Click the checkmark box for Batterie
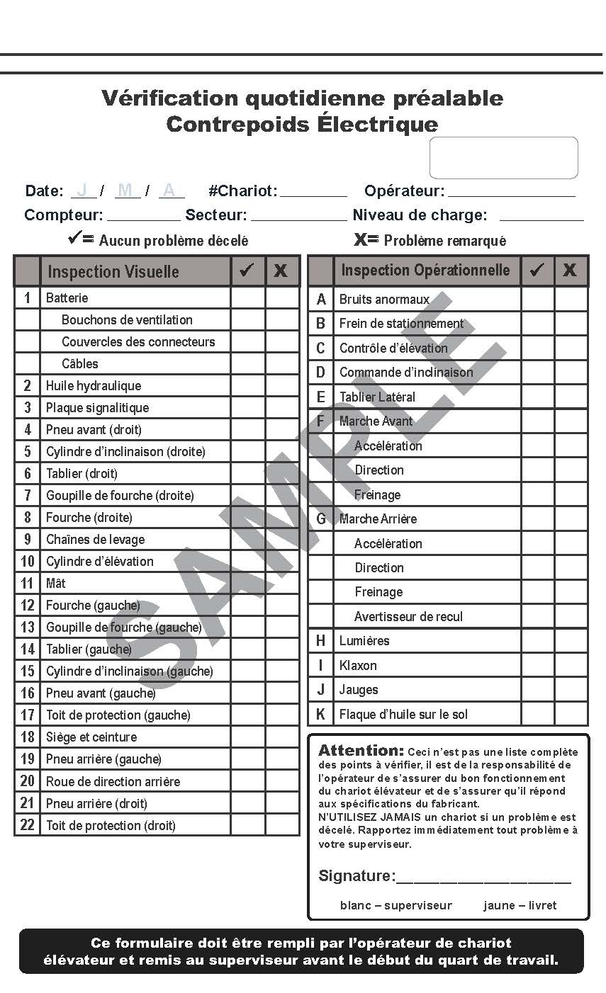tap(247, 297)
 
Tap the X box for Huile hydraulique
tap(282, 385)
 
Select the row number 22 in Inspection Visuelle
tap(27, 825)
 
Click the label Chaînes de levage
tap(95, 539)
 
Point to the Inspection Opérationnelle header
tap(425, 270)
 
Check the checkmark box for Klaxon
tap(537, 665)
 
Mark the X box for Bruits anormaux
tap(571, 299)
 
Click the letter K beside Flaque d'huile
tap(320, 714)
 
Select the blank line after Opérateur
tap(511, 192)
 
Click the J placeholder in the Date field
tap(84, 190)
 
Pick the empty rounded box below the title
tap(503, 157)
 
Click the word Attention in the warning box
tap(361, 751)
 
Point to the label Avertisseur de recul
tap(408, 616)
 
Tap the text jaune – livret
tap(520, 905)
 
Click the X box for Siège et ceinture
tap(282, 737)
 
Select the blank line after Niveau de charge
tap(542, 217)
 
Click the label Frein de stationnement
tap(401, 323)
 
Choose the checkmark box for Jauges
tap(537, 689)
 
